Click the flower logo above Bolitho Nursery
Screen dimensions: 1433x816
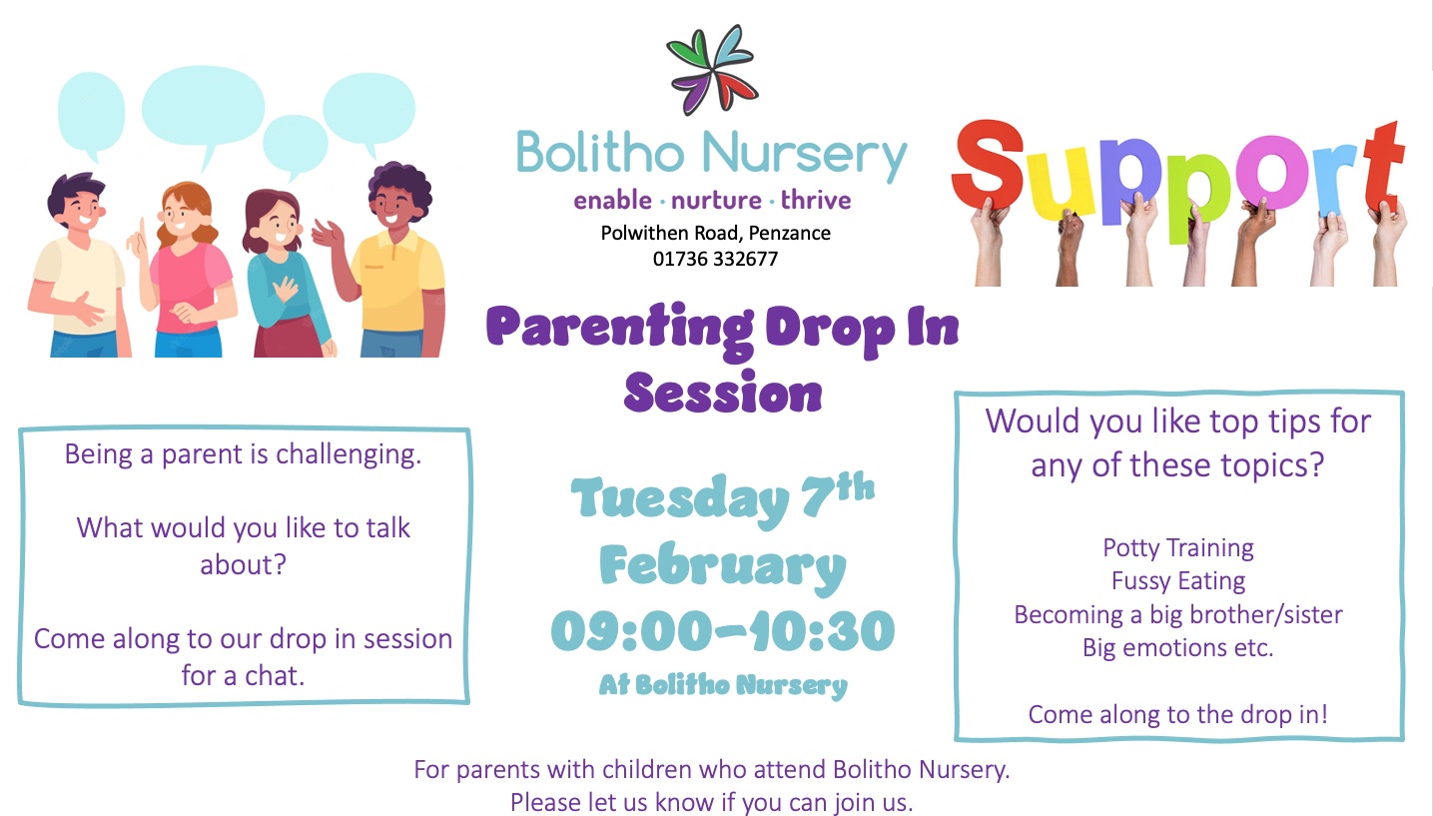(712, 70)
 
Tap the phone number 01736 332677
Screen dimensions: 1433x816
(715, 260)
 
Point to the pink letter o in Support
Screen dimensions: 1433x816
(1272, 173)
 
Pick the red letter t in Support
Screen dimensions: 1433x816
(1383, 167)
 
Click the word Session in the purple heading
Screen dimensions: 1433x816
(723, 392)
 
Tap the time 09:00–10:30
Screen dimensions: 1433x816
(723, 631)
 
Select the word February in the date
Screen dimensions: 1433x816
(723, 566)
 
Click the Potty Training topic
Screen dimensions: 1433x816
(1178, 548)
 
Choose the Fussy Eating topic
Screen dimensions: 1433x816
(1178, 581)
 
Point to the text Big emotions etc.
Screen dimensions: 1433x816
(1178, 647)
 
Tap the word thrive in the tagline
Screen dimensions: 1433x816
(816, 200)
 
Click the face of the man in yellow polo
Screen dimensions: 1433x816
(391, 208)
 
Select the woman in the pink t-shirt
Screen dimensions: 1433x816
(186, 269)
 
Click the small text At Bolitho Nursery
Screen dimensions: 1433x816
(723, 685)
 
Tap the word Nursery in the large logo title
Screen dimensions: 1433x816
(805, 155)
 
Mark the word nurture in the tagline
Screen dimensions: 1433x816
(716, 201)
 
